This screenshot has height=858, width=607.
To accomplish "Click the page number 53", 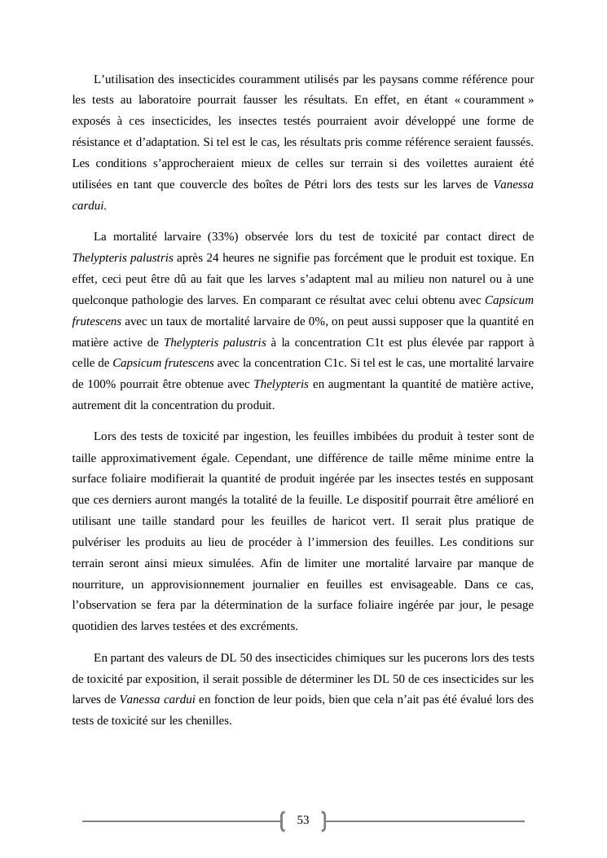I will point(303,820).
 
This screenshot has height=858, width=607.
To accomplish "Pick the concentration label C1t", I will point(373,342).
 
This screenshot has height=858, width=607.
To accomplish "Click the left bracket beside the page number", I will point(283,821).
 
